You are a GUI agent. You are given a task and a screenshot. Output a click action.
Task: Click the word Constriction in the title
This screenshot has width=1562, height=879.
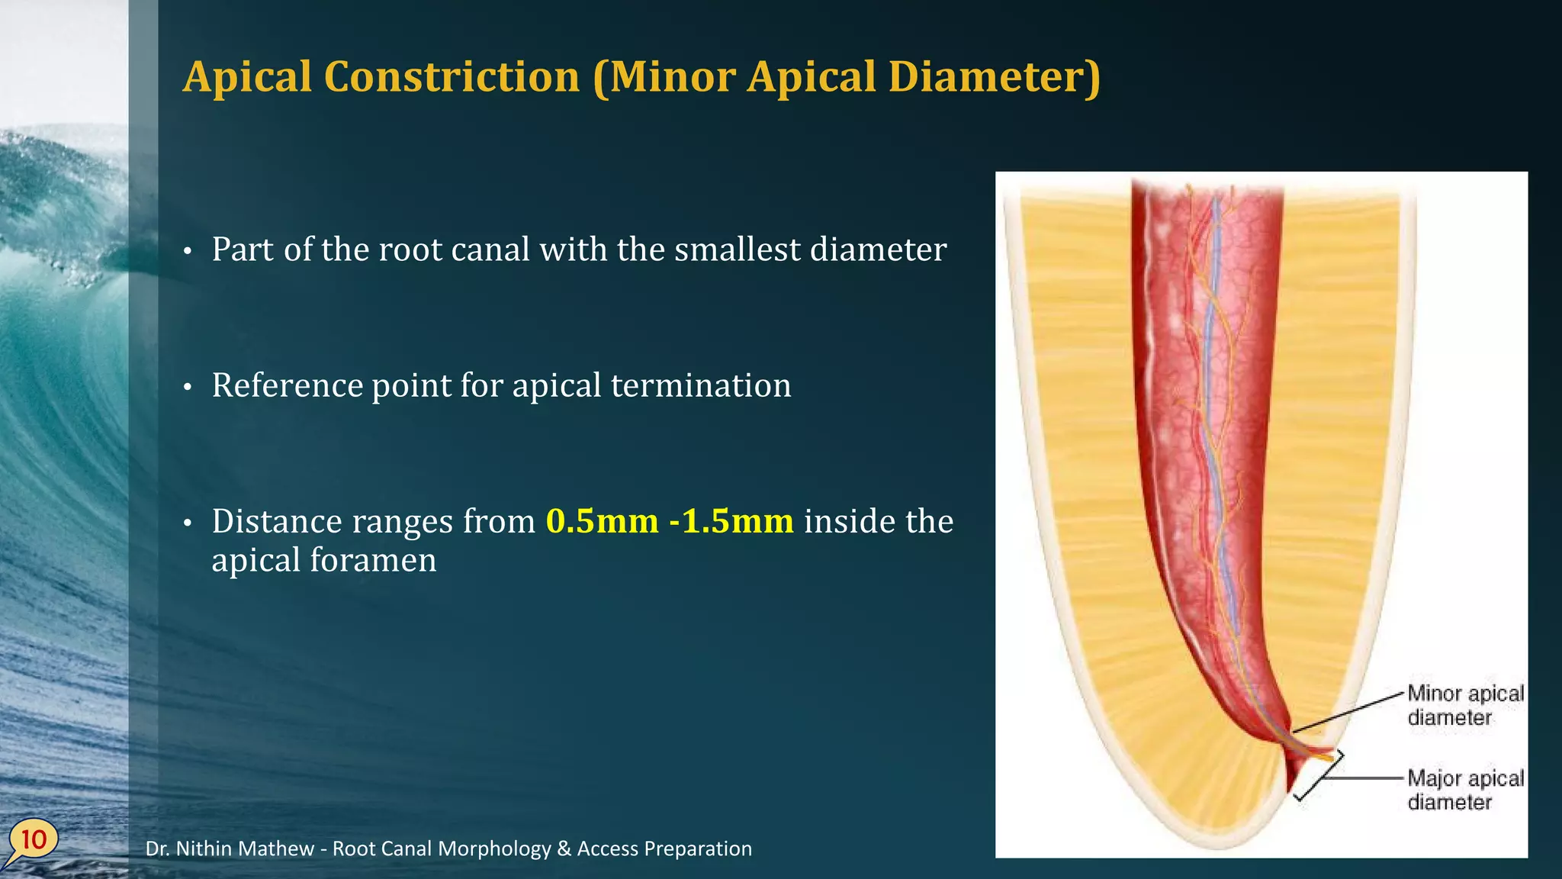pos(452,77)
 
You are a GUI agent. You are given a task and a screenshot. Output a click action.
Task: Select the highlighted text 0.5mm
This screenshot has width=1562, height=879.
pos(602,521)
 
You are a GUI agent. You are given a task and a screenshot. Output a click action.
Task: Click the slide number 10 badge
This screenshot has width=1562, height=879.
pos(33,839)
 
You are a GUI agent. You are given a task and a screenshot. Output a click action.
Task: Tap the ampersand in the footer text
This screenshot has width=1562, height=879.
pos(564,848)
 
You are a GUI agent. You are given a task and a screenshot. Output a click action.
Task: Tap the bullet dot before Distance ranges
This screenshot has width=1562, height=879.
pos(188,524)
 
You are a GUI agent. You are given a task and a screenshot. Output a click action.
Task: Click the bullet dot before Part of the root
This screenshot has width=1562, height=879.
pos(188,252)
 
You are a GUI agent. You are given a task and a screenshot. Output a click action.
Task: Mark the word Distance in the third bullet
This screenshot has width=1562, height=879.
pos(277,521)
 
